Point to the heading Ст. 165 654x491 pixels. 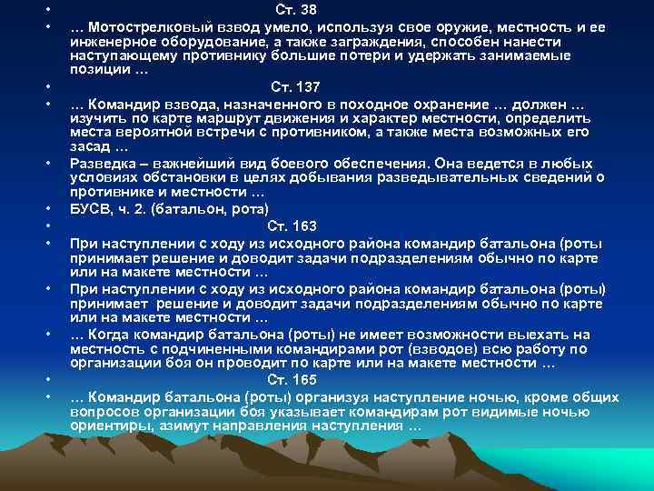coord(292,382)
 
